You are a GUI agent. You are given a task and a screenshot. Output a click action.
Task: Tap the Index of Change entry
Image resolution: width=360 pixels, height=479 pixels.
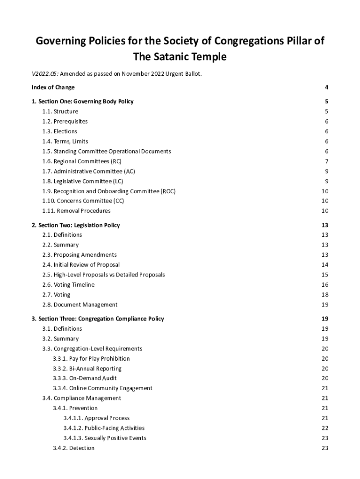53,87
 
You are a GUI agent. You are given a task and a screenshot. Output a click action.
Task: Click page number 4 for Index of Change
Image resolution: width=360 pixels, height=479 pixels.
326,87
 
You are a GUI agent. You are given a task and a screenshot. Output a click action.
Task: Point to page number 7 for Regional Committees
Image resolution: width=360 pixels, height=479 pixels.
326,161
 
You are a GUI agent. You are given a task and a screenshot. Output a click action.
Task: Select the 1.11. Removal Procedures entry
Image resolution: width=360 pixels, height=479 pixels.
77,211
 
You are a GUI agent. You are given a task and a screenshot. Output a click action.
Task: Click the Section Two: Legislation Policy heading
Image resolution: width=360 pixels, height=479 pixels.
76,225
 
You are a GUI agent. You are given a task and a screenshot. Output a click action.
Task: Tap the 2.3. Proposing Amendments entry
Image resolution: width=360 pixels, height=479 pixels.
79,255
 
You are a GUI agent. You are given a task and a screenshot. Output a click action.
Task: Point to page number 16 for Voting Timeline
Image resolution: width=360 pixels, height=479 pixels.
325,285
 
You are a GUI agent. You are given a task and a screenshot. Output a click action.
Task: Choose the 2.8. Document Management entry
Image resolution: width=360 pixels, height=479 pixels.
80,305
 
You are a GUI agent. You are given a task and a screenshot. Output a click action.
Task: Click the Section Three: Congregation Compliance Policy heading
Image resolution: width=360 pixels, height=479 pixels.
98,319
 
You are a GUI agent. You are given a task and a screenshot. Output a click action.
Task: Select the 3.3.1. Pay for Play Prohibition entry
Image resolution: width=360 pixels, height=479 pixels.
91,359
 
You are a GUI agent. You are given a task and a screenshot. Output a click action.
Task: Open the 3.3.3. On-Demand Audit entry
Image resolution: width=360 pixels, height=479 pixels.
85,378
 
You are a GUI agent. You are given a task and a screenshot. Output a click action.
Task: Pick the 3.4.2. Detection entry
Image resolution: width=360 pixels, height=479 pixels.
73,448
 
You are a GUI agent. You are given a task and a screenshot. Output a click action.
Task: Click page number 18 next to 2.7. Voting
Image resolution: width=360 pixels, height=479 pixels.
325,295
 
